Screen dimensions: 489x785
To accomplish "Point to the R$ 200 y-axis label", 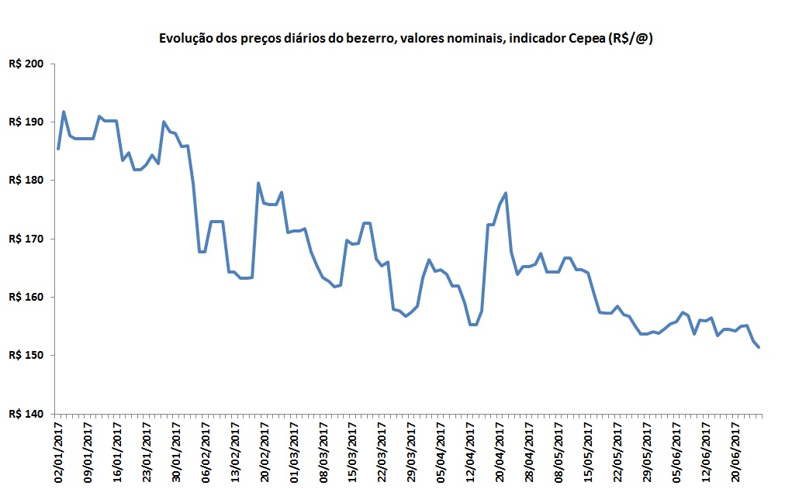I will tap(26, 64).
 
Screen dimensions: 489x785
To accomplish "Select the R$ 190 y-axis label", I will tap(26, 122).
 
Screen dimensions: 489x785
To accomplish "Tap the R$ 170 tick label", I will tap(26, 239).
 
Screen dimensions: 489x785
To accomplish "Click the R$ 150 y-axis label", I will tap(26, 355).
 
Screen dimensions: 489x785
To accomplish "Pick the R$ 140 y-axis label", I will tap(26, 414).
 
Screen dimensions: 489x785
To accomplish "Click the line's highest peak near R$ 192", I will tap(64, 112).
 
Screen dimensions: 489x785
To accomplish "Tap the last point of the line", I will tap(758, 347).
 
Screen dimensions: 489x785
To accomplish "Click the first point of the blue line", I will tap(58, 148).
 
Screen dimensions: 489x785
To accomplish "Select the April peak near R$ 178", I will tap(506, 193).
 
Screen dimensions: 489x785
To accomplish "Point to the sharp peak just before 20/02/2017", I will tap(258, 183).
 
